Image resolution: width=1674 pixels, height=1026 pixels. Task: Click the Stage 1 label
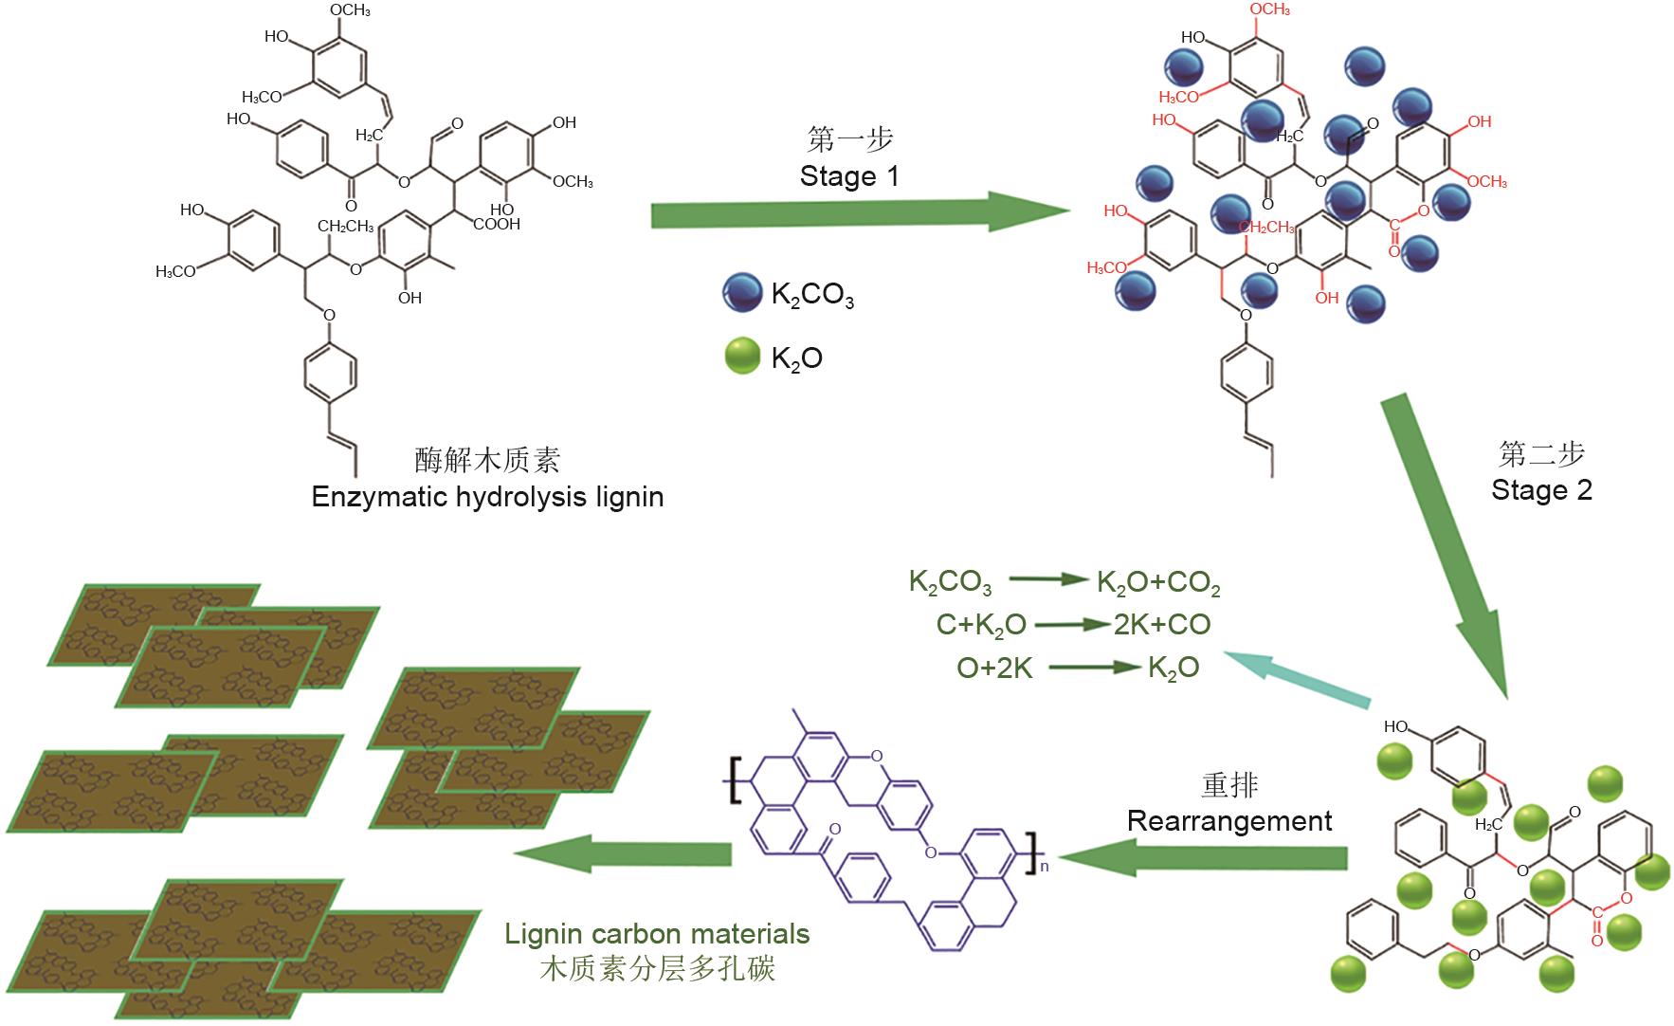coord(848,176)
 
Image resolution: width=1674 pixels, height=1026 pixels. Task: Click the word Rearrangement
coord(1229,820)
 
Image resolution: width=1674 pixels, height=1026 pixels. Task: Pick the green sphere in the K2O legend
coord(742,357)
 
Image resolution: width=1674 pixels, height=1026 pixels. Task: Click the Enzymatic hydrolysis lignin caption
coord(487,497)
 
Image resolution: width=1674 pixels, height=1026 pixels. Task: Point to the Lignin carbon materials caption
coord(657,934)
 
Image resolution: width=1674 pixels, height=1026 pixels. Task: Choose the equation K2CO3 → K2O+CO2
coord(1064,582)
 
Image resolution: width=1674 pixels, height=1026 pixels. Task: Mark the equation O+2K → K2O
coord(1078,668)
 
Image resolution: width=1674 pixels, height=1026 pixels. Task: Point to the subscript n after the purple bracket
coord(1045,864)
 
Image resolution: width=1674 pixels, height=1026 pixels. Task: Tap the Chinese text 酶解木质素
coord(487,460)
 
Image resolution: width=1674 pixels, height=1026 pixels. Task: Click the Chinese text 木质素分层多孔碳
coord(657,968)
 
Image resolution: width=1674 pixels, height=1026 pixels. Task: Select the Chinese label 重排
coord(1229,785)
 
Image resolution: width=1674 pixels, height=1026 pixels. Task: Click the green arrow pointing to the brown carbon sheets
coord(623,853)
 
